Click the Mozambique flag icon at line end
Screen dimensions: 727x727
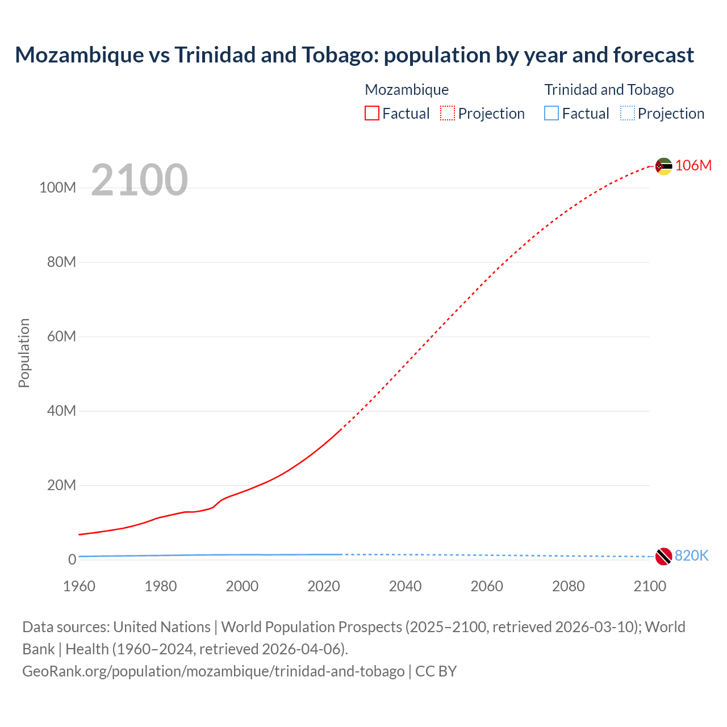pyautogui.click(x=663, y=166)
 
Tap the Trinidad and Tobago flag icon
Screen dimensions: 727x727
pyautogui.click(x=663, y=556)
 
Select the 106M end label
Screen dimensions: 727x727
pyautogui.click(x=693, y=165)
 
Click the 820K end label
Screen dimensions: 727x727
pyautogui.click(x=691, y=555)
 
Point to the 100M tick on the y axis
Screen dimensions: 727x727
pyautogui.click(x=57, y=187)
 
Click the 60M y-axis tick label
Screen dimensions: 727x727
pyautogui.click(x=61, y=336)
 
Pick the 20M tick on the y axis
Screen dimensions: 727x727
pyautogui.click(x=61, y=485)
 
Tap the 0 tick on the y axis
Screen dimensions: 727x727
pyautogui.click(x=72, y=559)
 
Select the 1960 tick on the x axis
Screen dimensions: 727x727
pyautogui.click(x=79, y=586)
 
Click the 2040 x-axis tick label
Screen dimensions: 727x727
pyautogui.click(x=405, y=586)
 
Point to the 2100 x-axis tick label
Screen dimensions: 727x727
pyautogui.click(x=650, y=586)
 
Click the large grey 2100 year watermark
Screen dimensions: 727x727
pyautogui.click(x=139, y=180)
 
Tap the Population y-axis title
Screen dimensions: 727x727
pyautogui.click(x=24, y=353)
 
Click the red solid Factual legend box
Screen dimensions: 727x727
pyautogui.click(x=371, y=113)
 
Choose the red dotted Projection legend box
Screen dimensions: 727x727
pyautogui.click(x=448, y=113)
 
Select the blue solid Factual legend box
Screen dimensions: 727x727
pyautogui.click(x=551, y=113)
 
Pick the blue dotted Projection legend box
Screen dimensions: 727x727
pyautogui.click(x=627, y=113)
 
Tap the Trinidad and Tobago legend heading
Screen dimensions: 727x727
pyautogui.click(x=609, y=90)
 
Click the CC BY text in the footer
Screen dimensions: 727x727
pyautogui.click(x=436, y=671)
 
